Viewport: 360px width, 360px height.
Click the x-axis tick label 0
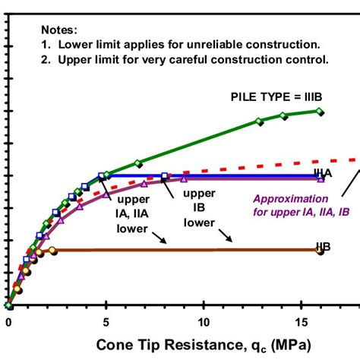(8, 321)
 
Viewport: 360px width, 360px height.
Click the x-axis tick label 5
(106, 321)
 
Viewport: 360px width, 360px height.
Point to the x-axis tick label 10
(203, 321)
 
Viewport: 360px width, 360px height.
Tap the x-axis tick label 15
(300, 321)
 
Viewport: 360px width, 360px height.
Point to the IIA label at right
(323, 173)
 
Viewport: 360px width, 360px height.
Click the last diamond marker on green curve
(320, 112)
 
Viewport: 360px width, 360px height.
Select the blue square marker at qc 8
(164, 176)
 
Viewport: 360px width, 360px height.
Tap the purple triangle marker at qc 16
(321, 179)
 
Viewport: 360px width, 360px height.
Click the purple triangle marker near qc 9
(185, 179)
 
